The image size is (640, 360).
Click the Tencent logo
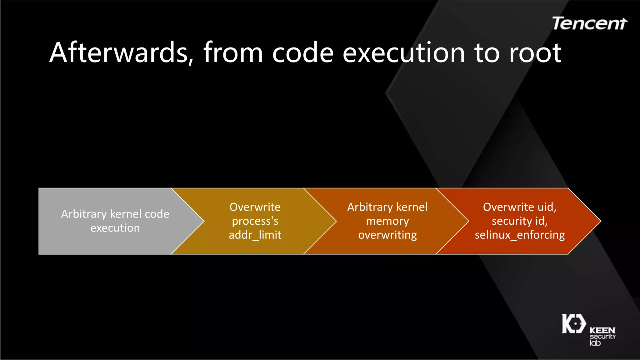[589, 24]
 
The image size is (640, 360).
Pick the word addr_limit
[255, 235]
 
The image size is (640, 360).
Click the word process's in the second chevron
[255, 221]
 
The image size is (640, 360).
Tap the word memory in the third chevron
[387, 221]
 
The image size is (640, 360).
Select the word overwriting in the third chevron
[387, 235]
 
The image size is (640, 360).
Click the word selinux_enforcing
[519, 235]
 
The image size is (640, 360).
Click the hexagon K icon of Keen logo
[573, 324]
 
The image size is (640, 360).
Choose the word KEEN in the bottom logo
[602, 330]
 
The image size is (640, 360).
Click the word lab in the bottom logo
[595, 343]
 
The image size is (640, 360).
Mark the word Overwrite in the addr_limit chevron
[255, 207]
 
